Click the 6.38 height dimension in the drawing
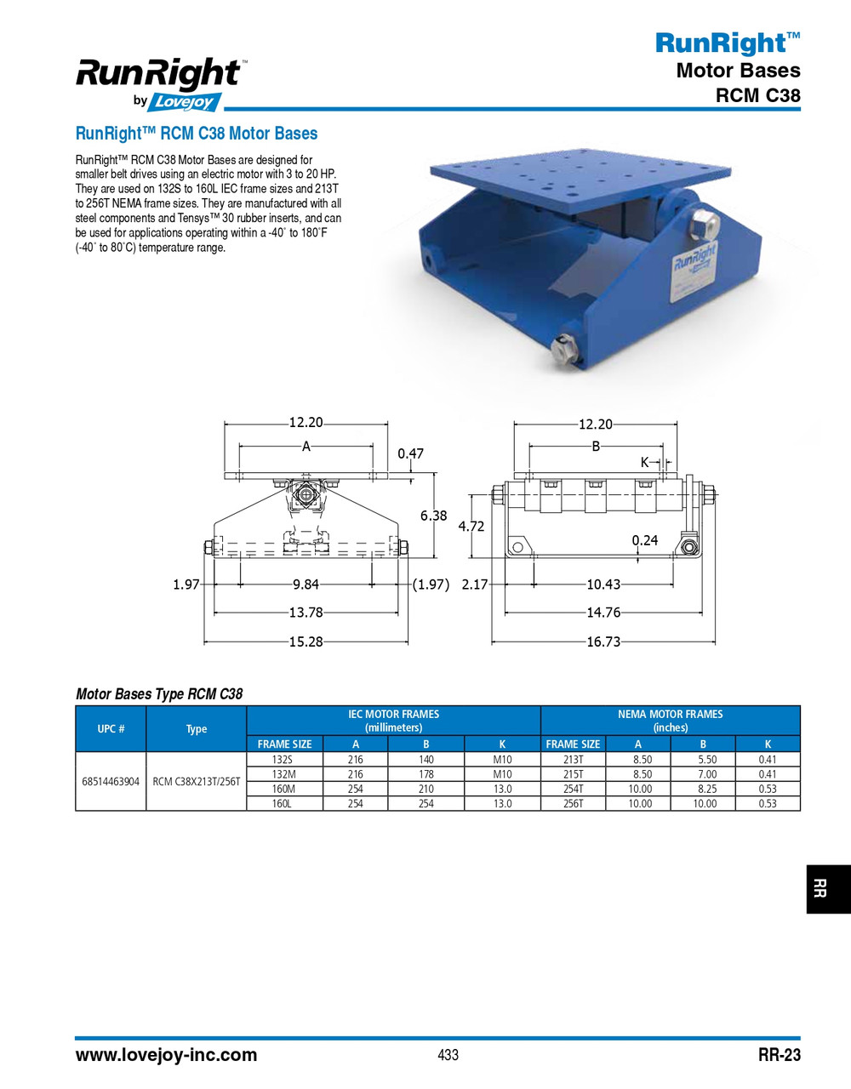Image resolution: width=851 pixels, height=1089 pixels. point(433,516)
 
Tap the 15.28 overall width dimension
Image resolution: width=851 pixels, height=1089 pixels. point(306,641)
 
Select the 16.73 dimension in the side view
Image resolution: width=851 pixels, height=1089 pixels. point(603,641)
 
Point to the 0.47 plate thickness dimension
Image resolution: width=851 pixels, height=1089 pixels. point(410,453)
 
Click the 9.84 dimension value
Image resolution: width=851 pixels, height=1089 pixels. point(306,584)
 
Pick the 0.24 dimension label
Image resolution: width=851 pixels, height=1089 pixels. point(645,540)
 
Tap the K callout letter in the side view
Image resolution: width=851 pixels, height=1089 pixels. point(644,462)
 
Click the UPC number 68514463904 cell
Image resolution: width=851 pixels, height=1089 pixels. point(111,781)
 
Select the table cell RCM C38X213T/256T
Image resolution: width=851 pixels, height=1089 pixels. point(197,781)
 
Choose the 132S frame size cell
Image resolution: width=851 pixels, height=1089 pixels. point(282,760)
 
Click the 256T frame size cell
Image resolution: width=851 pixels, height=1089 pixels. point(573,803)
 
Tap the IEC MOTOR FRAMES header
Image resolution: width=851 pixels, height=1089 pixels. point(393,721)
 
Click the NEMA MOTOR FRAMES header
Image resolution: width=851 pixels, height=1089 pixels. point(670,721)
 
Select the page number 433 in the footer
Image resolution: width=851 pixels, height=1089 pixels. point(448,1055)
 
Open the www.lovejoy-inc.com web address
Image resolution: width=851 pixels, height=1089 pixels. point(166,1055)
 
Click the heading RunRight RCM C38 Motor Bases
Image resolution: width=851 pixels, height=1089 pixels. point(197,134)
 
